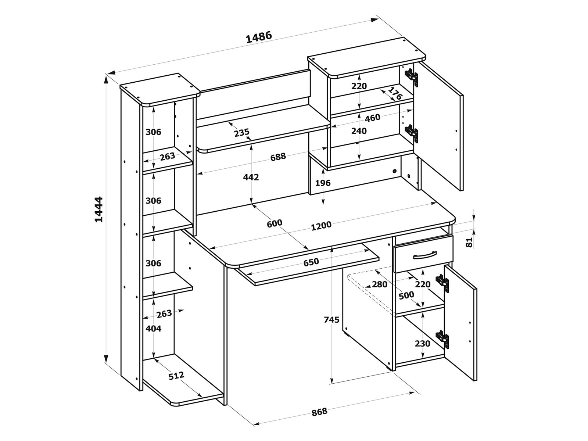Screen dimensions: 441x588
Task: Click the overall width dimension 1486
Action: point(259,37)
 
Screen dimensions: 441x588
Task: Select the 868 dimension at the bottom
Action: point(319,412)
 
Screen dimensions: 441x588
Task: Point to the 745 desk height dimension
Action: point(331,320)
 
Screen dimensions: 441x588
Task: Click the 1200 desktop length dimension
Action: point(321,226)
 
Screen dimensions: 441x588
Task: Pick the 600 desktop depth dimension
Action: point(274,223)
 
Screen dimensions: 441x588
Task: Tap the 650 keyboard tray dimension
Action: point(311,262)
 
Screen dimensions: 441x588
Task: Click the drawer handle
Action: point(424,255)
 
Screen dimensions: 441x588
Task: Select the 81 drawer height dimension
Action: point(469,243)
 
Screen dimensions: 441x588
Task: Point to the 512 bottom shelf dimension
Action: point(176,376)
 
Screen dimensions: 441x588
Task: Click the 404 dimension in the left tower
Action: point(153,329)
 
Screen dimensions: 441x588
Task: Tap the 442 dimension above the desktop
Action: point(251,177)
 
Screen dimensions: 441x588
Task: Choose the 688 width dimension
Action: point(278,157)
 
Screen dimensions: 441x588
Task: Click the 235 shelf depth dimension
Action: point(241,132)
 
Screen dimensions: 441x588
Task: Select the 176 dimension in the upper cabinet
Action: point(395,93)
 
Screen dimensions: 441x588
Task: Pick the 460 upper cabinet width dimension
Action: point(372,118)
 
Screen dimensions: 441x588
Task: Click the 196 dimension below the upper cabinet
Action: point(323,183)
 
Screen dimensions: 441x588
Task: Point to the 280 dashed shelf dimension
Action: point(380,284)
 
